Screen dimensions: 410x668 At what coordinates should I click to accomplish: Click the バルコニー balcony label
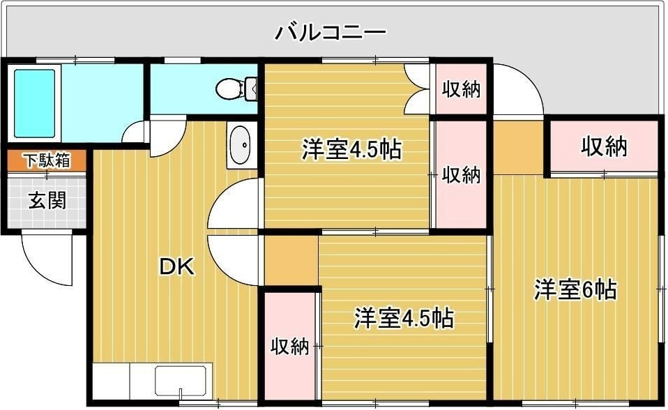point(330,32)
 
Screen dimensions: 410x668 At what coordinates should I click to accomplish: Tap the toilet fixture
point(230,89)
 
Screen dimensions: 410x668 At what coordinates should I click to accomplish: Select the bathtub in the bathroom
point(34,102)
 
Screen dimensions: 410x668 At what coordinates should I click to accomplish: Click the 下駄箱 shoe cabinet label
point(47,160)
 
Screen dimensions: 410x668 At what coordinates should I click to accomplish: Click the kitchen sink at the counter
point(180,382)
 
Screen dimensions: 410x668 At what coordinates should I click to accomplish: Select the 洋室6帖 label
point(575,289)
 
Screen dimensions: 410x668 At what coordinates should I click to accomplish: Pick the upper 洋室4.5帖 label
point(351,149)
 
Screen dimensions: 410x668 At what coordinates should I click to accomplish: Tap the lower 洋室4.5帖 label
point(403,318)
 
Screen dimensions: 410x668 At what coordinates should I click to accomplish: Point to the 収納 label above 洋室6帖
point(604,147)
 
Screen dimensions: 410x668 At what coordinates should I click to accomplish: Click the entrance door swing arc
point(45,259)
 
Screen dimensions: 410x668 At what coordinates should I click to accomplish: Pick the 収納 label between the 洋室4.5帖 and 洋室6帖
point(462,175)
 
